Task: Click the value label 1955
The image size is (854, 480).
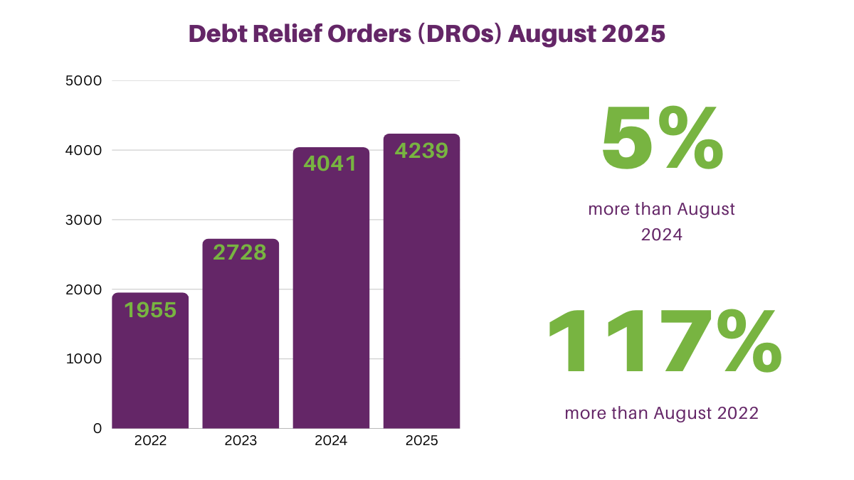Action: point(150,310)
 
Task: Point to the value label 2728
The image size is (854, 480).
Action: point(241,252)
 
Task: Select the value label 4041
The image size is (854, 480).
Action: point(330,163)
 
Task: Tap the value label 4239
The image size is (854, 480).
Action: point(421,151)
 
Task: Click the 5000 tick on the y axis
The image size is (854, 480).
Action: point(84,81)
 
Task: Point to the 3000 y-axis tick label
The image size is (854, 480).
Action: point(84,220)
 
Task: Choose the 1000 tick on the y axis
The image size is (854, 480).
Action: point(84,359)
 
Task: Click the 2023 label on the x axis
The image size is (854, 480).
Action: point(241,441)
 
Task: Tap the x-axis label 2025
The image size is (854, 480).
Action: point(421,441)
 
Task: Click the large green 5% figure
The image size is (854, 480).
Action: point(662,139)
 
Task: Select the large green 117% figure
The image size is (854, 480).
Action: point(664,343)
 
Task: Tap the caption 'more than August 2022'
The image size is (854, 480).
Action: point(661,412)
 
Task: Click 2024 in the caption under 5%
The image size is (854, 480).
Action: point(661,235)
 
